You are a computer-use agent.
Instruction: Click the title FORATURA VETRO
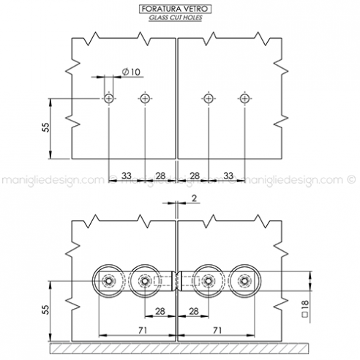click(x=176, y=7)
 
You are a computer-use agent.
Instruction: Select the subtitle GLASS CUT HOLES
click(x=176, y=16)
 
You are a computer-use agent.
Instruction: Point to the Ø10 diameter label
click(x=132, y=71)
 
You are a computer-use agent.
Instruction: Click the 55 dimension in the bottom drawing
click(x=45, y=310)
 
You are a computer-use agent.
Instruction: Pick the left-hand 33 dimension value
click(x=127, y=176)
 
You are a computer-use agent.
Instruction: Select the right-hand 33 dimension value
click(x=228, y=176)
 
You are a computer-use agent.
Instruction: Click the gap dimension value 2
click(x=194, y=198)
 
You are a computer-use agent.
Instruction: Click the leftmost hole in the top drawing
click(x=109, y=98)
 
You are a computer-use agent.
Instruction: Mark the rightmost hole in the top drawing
click(x=244, y=98)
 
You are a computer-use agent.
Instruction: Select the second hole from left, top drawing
click(x=145, y=98)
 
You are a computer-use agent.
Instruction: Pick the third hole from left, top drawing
click(x=209, y=98)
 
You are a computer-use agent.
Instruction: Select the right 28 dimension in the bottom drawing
click(x=195, y=312)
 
